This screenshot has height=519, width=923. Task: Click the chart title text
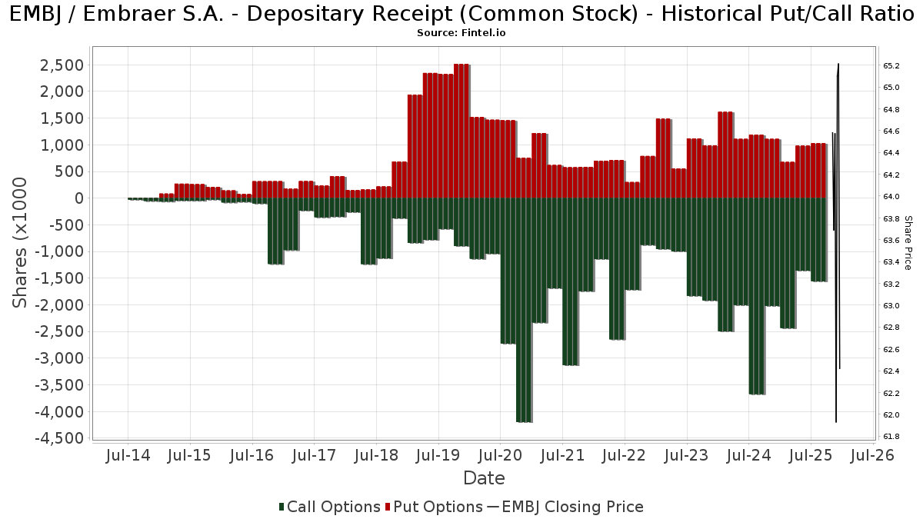click(x=461, y=15)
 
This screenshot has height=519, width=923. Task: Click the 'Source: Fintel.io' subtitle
click(x=461, y=33)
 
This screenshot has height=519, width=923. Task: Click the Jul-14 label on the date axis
click(x=128, y=455)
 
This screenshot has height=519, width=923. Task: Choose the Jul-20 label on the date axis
click(x=500, y=455)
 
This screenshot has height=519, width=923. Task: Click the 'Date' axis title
click(x=484, y=478)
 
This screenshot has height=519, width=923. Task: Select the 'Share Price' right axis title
click(x=908, y=242)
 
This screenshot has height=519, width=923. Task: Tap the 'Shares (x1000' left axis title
click(x=21, y=242)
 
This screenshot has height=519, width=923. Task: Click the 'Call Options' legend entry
click(x=329, y=507)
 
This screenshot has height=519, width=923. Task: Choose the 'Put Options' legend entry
click(x=435, y=507)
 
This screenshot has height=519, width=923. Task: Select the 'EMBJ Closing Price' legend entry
click(x=565, y=507)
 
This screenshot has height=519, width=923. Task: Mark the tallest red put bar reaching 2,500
click(x=461, y=131)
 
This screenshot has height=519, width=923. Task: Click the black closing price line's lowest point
click(x=836, y=421)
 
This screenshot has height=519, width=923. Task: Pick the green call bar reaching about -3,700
click(x=757, y=296)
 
